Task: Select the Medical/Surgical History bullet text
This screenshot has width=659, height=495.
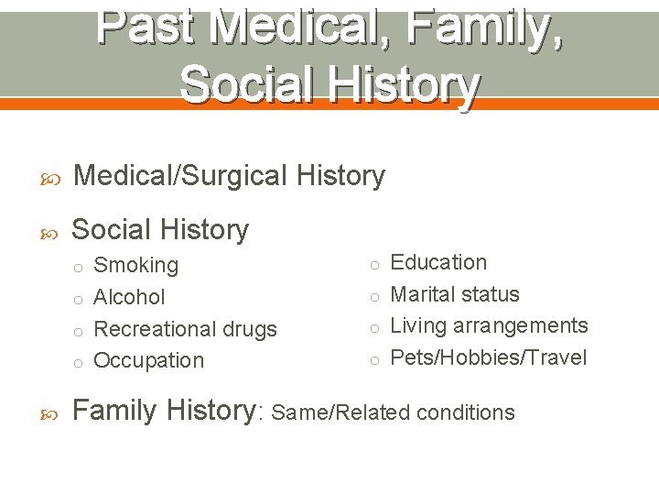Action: click(x=229, y=175)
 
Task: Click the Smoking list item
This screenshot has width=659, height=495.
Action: click(x=136, y=266)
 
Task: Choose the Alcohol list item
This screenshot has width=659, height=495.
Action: click(x=130, y=297)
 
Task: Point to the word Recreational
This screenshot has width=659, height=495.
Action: click(x=153, y=329)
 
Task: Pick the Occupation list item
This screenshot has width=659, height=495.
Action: click(x=149, y=360)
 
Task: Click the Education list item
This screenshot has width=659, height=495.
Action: click(x=438, y=262)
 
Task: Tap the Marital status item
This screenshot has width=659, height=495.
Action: click(x=455, y=294)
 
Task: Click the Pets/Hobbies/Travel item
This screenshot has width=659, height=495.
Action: click(x=489, y=357)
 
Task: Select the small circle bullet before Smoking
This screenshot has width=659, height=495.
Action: click(x=79, y=268)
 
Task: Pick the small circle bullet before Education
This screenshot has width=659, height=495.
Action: click(x=374, y=265)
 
